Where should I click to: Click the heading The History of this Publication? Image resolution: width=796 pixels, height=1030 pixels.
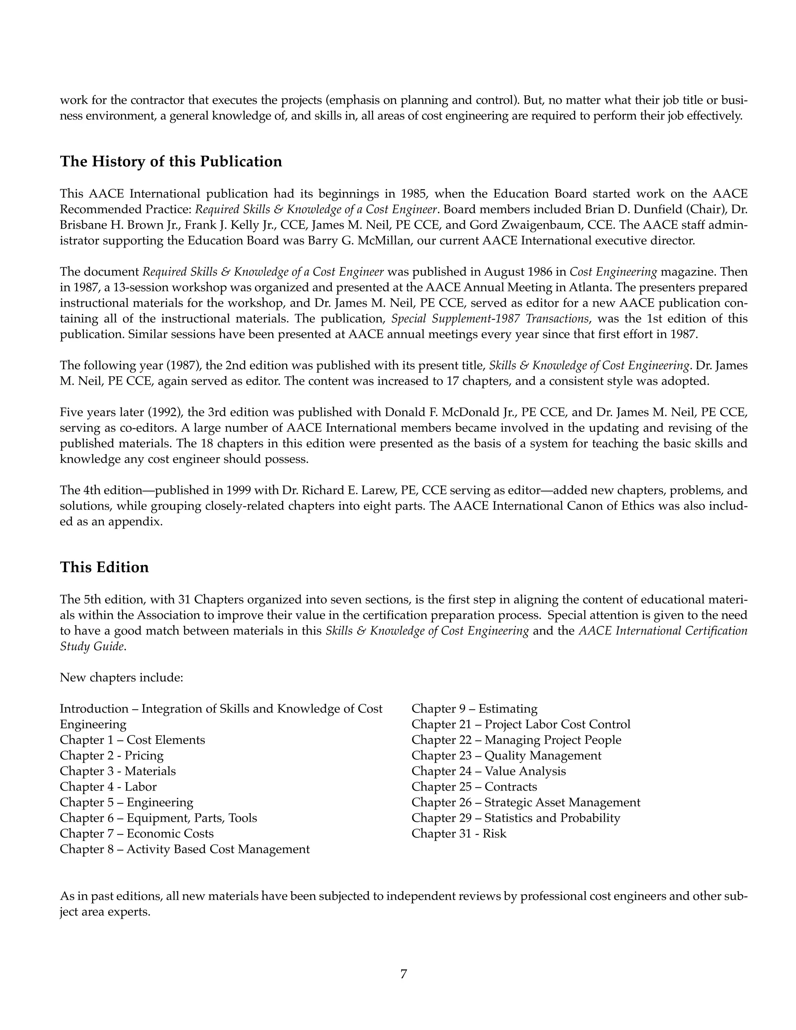tap(171, 162)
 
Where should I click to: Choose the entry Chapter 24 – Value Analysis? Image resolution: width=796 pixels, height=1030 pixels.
tap(488, 771)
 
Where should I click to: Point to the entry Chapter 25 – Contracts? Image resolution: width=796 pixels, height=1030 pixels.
tap(474, 787)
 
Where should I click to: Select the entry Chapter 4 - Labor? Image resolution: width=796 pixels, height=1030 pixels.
tap(108, 787)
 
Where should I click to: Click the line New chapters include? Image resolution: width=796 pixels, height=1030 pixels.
tap(121, 678)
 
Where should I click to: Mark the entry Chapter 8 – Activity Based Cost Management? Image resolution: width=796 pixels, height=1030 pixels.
tap(184, 849)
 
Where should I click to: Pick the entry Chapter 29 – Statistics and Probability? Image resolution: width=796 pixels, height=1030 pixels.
tap(515, 818)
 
